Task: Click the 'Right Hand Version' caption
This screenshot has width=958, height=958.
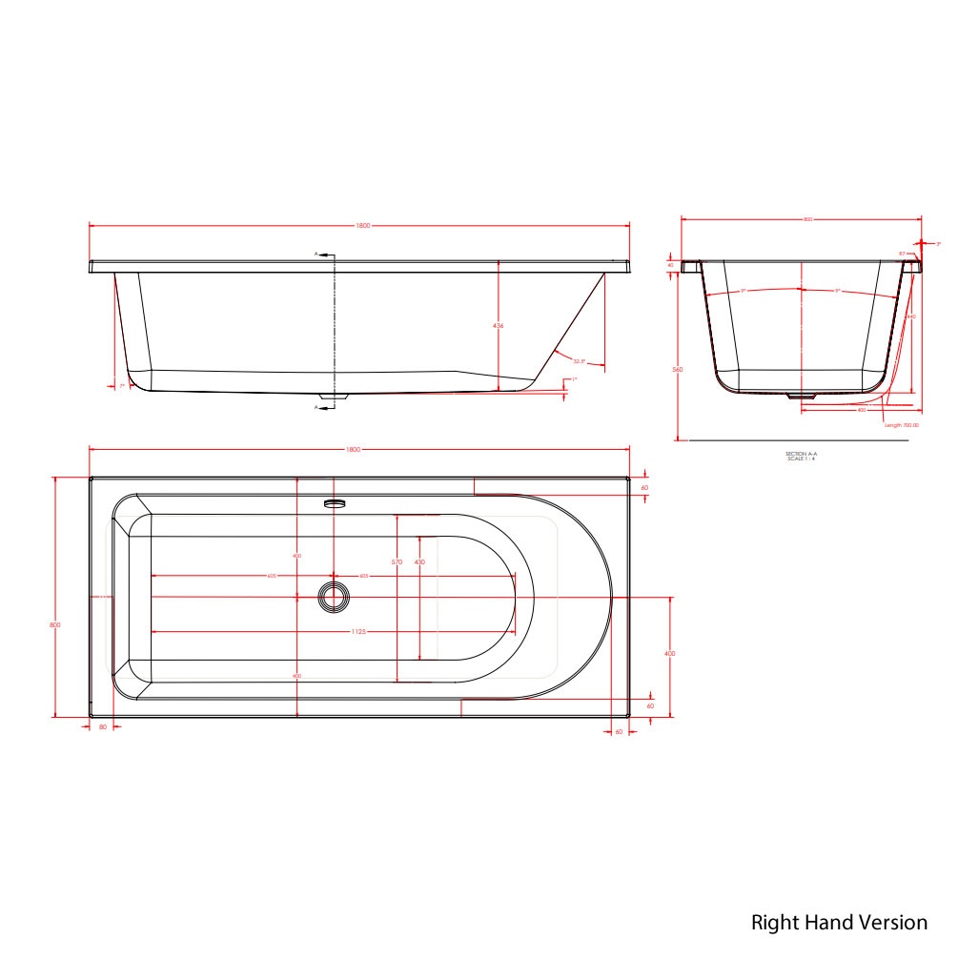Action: click(839, 923)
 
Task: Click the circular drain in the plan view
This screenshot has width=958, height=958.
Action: click(333, 597)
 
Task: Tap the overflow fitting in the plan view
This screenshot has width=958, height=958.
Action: click(333, 502)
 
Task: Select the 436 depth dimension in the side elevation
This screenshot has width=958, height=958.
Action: click(498, 326)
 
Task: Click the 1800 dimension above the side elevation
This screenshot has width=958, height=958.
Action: click(362, 226)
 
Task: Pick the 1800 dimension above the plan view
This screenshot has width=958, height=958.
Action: click(362, 449)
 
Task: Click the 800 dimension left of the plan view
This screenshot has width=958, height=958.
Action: click(55, 624)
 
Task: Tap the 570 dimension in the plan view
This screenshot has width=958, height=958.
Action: click(397, 562)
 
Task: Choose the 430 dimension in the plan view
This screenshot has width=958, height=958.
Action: click(419, 562)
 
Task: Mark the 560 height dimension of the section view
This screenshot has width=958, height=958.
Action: click(678, 370)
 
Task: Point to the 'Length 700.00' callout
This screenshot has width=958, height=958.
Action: click(901, 425)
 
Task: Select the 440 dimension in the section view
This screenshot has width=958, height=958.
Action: click(911, 316)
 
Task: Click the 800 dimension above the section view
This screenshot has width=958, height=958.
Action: click(807, 219)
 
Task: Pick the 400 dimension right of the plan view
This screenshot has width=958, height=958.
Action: click(669, 654)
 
